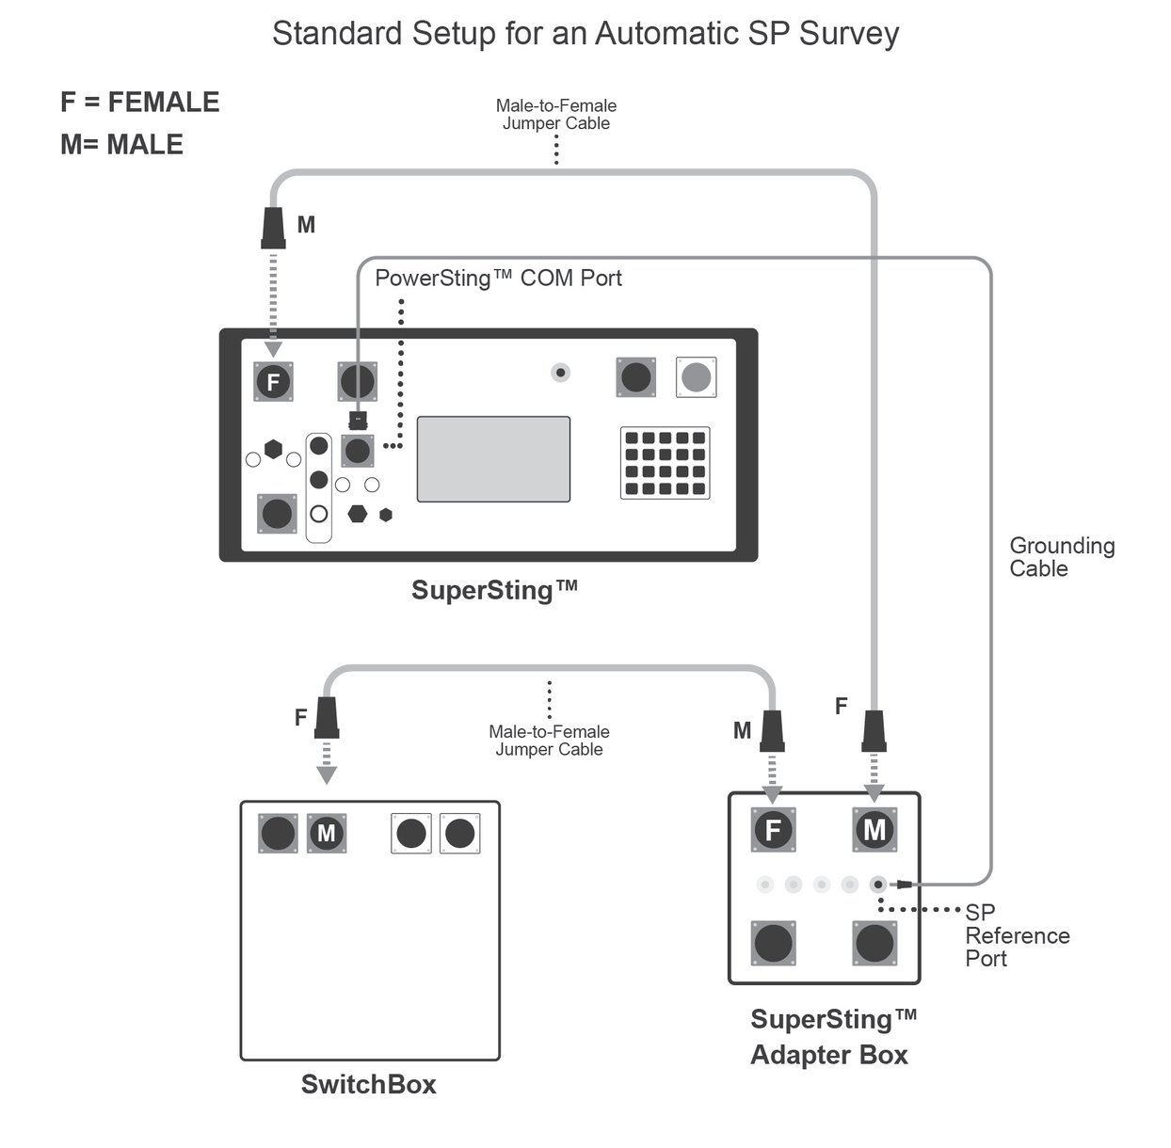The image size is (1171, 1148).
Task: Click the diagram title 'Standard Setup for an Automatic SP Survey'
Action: pos(585,34)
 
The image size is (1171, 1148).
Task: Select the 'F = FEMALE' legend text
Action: pos(139,102)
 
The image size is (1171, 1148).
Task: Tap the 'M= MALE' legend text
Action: pos(121,144)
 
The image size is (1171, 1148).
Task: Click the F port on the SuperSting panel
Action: pos(273,382)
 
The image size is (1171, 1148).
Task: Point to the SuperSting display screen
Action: pos(493,459)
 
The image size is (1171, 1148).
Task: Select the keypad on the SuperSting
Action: pos(665,463)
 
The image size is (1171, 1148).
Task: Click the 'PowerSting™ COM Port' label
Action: pos(498,279)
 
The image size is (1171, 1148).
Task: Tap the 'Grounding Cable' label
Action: pos(1061,557)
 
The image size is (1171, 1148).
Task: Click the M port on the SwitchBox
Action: pos(327,834)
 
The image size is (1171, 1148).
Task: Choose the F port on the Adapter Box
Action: pos(773,829)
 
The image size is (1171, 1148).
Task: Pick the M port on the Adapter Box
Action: pos(874,829)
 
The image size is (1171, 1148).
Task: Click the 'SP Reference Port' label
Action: pos(1017,935)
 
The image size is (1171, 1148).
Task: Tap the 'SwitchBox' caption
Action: pos(368,1084)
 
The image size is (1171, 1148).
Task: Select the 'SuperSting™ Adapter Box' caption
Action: pos(831,1037)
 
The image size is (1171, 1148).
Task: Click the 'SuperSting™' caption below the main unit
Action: pos(493,590)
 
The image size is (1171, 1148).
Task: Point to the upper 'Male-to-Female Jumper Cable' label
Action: pos(555,115)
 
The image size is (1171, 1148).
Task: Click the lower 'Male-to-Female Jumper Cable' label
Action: pos(549,741)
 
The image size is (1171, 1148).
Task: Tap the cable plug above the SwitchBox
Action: pos(327,718)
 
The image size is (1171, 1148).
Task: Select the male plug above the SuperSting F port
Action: pos(273,229)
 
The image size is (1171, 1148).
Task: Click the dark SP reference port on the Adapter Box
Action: pos(878,885)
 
